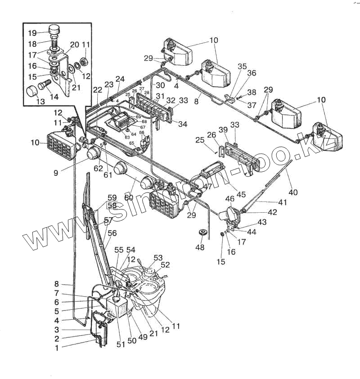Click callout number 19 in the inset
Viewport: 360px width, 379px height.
[x=32, y=33]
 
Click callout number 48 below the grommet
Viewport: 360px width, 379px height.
[x=199, y=247]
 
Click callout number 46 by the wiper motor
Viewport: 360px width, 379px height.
[x=229, y=198]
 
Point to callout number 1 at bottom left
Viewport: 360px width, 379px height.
[x=57, y=348]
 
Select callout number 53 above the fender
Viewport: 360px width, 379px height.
[x=157, y=258]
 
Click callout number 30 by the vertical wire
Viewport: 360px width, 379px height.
[x=160, y=85]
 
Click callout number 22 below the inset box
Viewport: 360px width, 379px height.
[x=98, y=90]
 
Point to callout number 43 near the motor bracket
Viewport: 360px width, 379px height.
[x=261, y=222]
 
